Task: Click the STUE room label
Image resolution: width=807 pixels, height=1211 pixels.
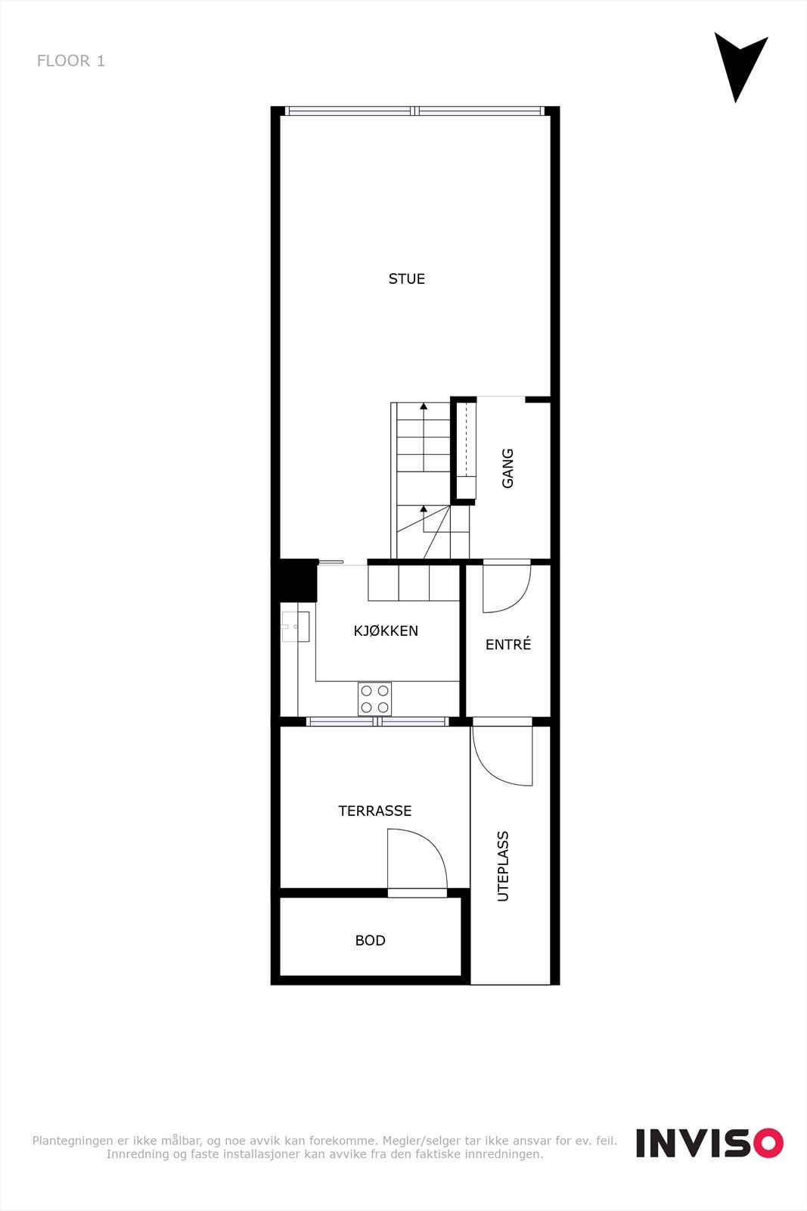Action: [x=407, y=279]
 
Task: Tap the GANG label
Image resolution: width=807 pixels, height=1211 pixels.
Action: [x=507, y=469]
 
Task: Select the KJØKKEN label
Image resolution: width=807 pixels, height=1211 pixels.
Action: [x=386, y=631]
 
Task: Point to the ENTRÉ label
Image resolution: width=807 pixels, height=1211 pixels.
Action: [x=508, y=645]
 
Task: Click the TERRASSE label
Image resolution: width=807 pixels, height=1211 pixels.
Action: [x=375, y=811]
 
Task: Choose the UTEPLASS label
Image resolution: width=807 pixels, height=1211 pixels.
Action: [x=503, y=867]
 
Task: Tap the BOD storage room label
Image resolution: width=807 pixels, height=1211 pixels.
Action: [x=371, y=941]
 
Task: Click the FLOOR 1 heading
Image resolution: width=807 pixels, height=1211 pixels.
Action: [x=71, y=61]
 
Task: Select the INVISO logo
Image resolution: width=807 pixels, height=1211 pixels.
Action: [x=709, y=1143]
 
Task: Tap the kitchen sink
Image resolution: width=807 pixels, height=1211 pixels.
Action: [x=295, y=627]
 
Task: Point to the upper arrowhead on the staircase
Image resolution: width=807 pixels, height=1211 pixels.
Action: [x=424, y=406]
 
